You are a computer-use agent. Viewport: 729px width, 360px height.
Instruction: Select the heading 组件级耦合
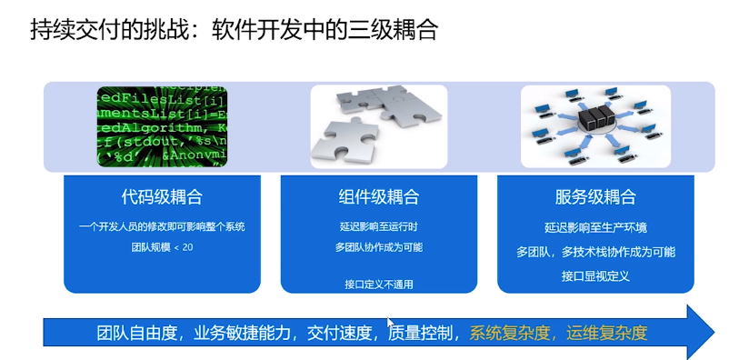tap(379, 197)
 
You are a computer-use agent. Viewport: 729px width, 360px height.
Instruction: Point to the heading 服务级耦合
tap(595, 197)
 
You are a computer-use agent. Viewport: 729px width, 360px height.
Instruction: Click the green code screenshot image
tap(163, 125)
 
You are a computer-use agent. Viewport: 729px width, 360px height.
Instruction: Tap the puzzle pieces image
tap(379, 125)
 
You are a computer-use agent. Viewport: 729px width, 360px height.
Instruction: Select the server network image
tap(595, 125)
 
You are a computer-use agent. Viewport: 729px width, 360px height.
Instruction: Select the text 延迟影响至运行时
tap(379, 226)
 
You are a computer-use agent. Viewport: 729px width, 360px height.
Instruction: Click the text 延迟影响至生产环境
tap(595, 227)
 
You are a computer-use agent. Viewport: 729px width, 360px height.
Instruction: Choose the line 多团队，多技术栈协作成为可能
tap(595, 251)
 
